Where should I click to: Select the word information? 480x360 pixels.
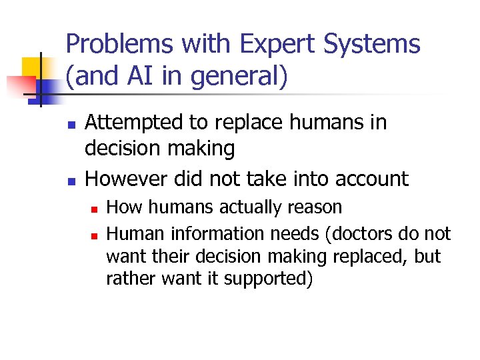point(219,234)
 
